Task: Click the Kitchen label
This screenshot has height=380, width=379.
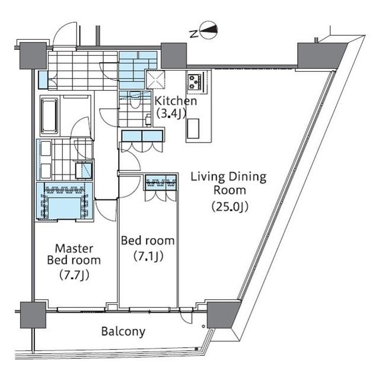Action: (x=176, y=101)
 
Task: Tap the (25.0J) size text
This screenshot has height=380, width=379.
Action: (x=230, y=207)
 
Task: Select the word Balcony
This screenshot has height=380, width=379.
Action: (x=123, y=331)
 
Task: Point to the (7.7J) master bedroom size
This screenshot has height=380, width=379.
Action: (x=74, y=274)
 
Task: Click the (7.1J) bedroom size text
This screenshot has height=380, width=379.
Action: (x=148, y=256)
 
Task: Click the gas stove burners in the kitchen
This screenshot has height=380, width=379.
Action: (x=195, y=82)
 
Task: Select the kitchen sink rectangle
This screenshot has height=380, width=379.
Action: (x=193, y=128)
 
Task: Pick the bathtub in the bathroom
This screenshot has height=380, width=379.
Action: (x=50, y=116)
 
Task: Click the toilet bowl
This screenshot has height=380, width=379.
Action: (x=135, y=100)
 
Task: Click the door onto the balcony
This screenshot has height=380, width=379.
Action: (x=186, y=317)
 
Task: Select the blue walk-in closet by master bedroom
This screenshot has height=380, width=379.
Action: (x=65, y=202)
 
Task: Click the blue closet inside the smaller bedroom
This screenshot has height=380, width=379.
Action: (x=161, y=182)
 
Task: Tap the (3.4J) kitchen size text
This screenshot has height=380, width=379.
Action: (x=171, y=113)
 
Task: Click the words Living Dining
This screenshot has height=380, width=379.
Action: (x=228, y=177)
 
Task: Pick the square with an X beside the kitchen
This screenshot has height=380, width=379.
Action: (x=155, y=80)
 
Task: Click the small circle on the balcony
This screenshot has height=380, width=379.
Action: (x=203, y=326)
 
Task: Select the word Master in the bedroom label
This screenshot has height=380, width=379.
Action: (x=74, y=249)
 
